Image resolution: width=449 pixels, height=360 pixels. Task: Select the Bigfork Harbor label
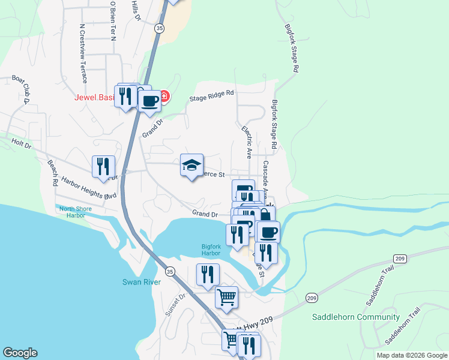tap(211, 250)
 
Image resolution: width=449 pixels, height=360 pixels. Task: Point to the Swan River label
tap(139, 281)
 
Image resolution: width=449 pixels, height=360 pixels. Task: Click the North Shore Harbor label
tap(76, 212)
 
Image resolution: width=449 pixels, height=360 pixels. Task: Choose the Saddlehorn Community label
tap(356, 317)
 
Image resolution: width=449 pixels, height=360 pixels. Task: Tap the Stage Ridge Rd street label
tap(211, 95)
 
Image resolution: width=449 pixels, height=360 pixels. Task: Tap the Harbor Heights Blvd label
tap(89, 188)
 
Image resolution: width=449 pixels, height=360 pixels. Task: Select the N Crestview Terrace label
tap(83, 53)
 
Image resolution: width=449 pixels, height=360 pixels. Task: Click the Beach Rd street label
tap(52, 173)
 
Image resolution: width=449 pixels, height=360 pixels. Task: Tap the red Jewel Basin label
tap(94, 98)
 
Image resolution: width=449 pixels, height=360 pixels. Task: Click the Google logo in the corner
tap(20, 353)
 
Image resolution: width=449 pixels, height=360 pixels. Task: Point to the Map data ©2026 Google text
tap(412, 355)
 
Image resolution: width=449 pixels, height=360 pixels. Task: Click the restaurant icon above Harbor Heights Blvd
tap(103, 166)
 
